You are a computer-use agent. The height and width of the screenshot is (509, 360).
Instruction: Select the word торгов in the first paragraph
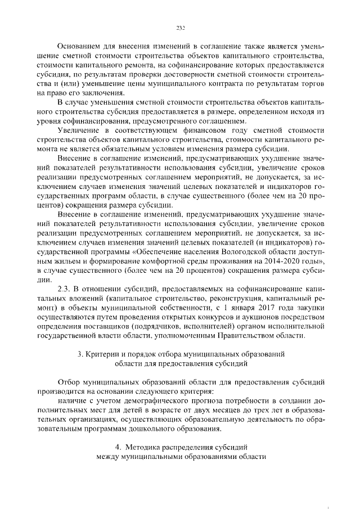(312, 84)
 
